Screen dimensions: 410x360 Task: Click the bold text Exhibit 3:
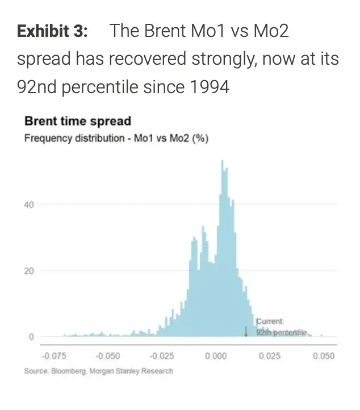pyautogui.click(x=53, y=31)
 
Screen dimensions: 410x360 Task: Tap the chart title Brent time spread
pyautogui.click(x=78, y=121)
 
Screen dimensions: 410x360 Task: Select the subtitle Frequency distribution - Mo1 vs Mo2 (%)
pyautogui.click(x=116, y=139)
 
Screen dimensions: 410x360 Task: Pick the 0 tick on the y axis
pyautogui.click(x=32, y=337)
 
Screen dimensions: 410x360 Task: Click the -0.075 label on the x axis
pyautogui.click(x=54, y=356)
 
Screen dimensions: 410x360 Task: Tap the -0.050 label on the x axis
pyautogui.click(x=108, y=356)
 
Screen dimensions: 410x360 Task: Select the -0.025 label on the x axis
pyautogui.click(x=162, y=356)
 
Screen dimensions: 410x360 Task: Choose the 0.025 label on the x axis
pyautogui.click(x=270, y=356)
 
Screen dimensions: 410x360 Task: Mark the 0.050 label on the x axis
pyautogui.click(x=324, y=356)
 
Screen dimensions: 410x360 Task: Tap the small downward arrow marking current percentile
pyautogui.click(x=246, y=331)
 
